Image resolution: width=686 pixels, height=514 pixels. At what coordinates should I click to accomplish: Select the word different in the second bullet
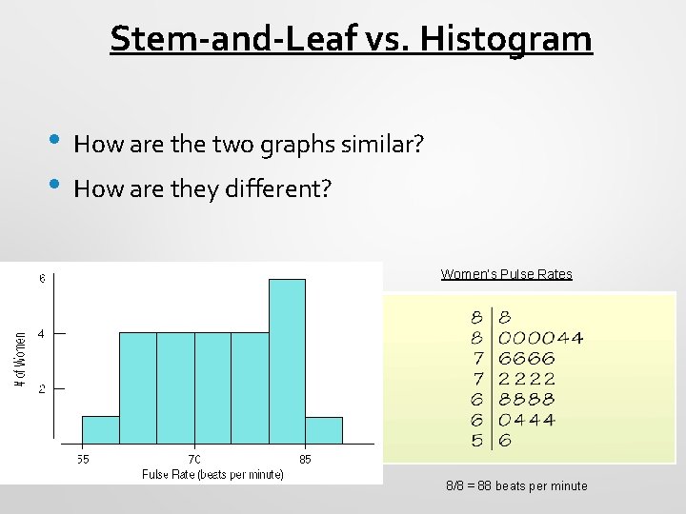(x=278, y=188)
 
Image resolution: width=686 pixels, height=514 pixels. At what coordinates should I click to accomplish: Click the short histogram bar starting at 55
(x=101, y=430)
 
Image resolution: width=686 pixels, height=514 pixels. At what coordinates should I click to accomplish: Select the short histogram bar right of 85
(x=324, y=430)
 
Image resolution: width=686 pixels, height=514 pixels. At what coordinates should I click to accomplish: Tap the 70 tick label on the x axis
(x=193, y=459)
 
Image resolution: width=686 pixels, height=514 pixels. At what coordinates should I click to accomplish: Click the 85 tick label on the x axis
(x=305, y=459)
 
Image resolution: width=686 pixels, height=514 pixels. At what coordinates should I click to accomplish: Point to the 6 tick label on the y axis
(x=41, y=279)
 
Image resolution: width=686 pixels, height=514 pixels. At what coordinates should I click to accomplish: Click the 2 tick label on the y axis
(x=41, y=388)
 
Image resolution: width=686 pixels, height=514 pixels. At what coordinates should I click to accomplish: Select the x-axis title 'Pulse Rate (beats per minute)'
(x=212, y=474)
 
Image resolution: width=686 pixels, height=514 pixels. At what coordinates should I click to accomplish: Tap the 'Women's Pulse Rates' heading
(x=506, y=274)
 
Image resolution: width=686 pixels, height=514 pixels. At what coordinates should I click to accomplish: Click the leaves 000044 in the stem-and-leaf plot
(x=541, y=338)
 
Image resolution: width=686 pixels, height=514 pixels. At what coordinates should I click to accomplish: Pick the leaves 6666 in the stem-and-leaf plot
(x=527, y=359)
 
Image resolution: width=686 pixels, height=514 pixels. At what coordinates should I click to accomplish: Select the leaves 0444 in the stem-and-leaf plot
(x=527, y=420)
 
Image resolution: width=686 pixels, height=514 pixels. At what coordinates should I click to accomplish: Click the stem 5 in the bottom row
(x=476, y=441)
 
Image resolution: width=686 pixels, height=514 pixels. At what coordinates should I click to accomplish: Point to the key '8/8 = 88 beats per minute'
(x=516, y=485)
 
